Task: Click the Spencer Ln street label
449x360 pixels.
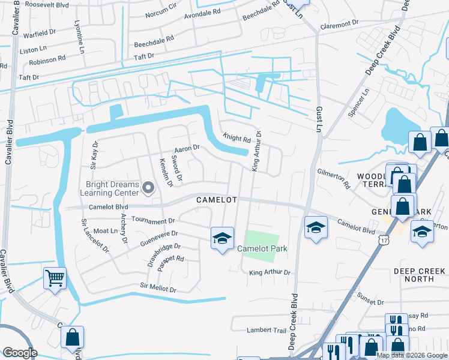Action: click(x=360, y=103)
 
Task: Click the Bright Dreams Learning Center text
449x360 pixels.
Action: click(x=109, y=188)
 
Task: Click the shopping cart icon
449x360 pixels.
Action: click(x=55, y=278)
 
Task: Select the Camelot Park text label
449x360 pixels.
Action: click(x=262, y=248)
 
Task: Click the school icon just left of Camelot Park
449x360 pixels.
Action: click(x=221, y=238)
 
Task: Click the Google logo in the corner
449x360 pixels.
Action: click(x=20, y=352)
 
